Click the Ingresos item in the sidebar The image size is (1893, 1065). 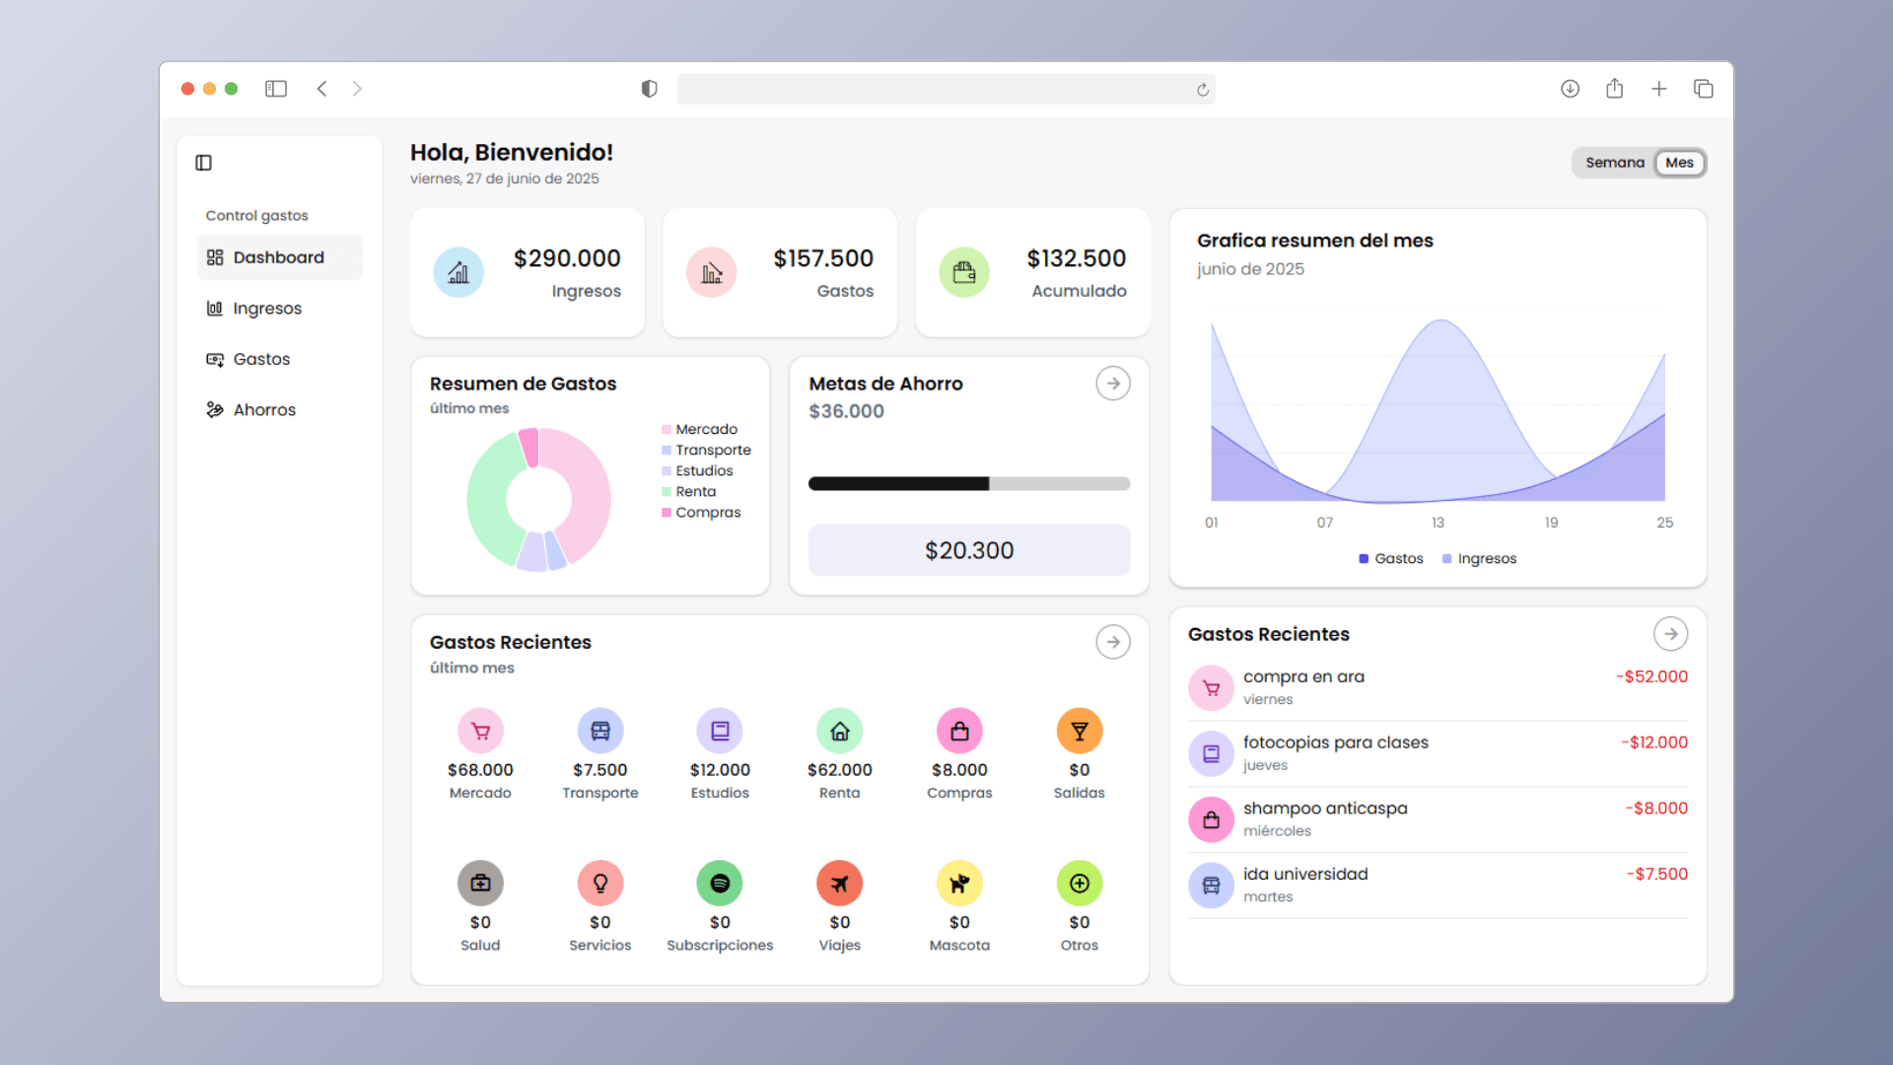click(x=254, y=309)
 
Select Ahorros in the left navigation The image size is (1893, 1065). click(x=251, y=410)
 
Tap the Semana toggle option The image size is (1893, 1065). click(x=1615, y=163)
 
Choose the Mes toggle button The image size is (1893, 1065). click(x=1679, y=163)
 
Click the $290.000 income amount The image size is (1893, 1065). click(x=567, y=258)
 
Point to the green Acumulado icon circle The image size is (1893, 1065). click(x=964, y=272)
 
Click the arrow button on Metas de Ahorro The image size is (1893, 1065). click(x=1113, y=384)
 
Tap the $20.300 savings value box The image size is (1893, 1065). click(x=969, y=550)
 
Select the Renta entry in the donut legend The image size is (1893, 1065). click(x=689, y=491)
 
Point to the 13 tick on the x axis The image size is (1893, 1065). click(x=1437, y=523)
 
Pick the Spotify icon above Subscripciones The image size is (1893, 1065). click(x=720, y=884)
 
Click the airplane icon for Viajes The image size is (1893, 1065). click(x=840, y=884)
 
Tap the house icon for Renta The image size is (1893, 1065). click(x=840, y=732)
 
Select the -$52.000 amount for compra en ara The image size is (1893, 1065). click(x=1651, y=676)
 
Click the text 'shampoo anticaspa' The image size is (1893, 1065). click(x=1325, y=809)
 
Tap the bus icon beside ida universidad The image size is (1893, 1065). click(x=1211, y=886)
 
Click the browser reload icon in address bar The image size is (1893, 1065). click(x=1203, y=90)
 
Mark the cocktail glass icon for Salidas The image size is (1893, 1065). click(x=1080, y=732)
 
